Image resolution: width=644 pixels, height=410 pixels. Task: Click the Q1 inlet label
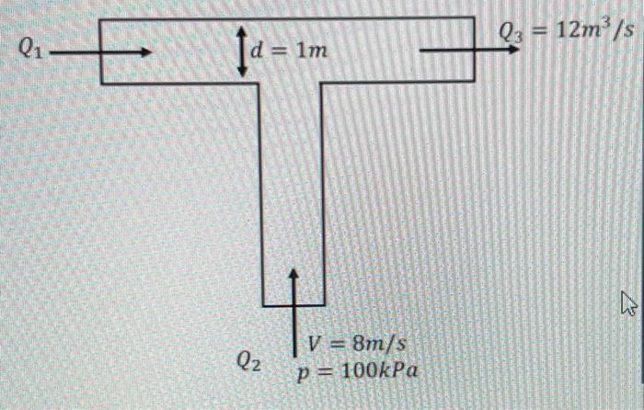click(30, 50)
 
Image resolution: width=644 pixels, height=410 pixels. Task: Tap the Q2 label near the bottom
click(248, 361)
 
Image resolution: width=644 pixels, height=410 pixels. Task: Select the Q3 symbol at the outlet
click(511, 32)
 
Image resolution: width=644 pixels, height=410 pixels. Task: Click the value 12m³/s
click(594, 29)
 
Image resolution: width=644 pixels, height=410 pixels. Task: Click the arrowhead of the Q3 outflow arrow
click(513, 50)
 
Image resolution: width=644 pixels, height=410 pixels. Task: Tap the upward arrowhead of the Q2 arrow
click(293, 274)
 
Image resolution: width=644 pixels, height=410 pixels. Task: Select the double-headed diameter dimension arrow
click(242, 51)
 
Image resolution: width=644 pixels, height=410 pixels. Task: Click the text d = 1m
click(289, 51)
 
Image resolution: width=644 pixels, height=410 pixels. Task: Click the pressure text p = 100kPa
click(358, 371)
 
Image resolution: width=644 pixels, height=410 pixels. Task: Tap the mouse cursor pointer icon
click(628, 303)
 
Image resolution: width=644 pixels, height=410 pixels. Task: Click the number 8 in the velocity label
click(359, 344)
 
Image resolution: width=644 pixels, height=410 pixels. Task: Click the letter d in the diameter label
click(257, 51)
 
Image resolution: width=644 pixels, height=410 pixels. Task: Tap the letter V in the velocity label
click(315, 344)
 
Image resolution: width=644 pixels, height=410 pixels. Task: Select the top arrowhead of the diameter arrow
click(242, 31)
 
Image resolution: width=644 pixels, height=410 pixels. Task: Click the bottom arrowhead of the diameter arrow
click(242, 72)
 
